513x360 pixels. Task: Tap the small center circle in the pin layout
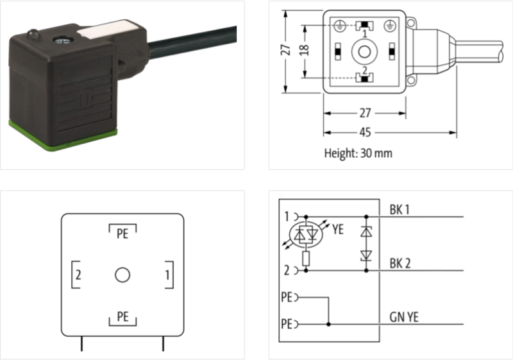(122, 275)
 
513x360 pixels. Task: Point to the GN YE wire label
(404, 317)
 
